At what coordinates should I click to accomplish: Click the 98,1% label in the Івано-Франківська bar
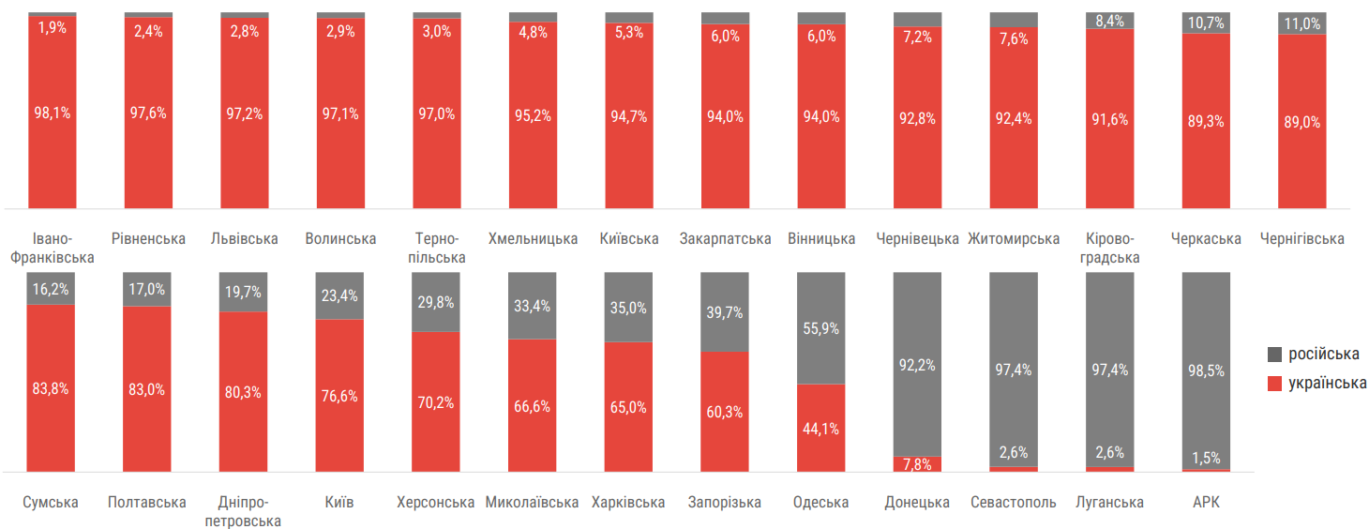click(53, 113)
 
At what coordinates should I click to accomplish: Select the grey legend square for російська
click(1274, 355)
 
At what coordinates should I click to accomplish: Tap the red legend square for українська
click(1274, 383)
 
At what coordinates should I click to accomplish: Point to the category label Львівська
click(245, 238)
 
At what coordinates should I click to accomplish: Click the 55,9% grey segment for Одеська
click(820, 328)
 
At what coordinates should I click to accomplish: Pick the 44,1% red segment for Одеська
click(820, 429)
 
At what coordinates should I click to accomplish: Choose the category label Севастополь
click(1014, 502)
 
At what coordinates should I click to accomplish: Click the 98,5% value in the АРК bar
click(1205, 370)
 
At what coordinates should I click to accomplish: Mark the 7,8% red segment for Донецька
click(917, 464)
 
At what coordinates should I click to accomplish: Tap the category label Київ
click(339, 502)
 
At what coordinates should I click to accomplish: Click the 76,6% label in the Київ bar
click(339, 396)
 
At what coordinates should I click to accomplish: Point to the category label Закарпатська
click(725, 238)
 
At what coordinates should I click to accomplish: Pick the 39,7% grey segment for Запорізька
click(725, 312)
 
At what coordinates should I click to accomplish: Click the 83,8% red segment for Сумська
click(51, 388)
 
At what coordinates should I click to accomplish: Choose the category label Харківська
click(628, 502)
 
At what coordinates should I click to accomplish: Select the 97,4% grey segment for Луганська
click(1109, 370)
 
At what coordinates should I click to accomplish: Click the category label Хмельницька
click(533, 238)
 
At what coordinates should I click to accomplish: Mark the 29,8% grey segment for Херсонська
click(436, 302)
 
